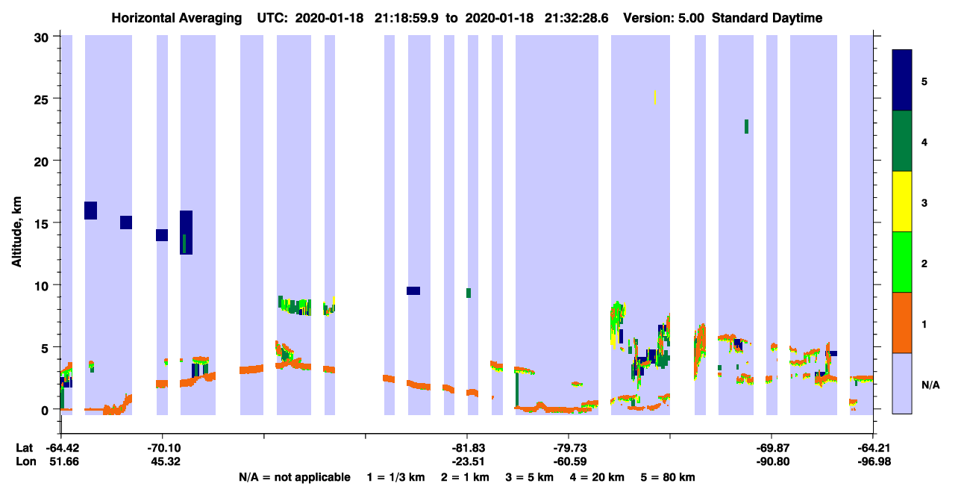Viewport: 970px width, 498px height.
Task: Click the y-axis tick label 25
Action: click(x=41, y=99)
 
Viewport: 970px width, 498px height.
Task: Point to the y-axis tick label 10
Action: click(x=41, y=286)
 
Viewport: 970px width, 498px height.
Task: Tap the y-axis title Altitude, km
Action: click(x=16, y=231)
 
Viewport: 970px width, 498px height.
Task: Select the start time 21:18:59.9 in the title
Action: click(x=406, y=18)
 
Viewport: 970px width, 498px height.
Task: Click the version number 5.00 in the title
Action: click(x=691, y=18)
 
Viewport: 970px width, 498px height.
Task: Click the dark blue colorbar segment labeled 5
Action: click(x=902, y=80)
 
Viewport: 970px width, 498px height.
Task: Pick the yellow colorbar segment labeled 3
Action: click(x=902, y=202)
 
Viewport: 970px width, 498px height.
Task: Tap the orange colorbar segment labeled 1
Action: click(x=902, y=323)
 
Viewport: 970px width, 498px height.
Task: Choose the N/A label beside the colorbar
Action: click(x=930, y=385)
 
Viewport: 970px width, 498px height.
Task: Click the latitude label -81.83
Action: click(x=469, y=448)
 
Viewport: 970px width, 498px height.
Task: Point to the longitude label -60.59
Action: click(x=570, y=461)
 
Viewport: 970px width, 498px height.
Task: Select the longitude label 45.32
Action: click(x=166, y=461)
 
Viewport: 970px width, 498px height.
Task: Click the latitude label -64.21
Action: click(x=874, y=448)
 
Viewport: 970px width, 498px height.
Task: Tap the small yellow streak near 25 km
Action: click(x=655, y=98)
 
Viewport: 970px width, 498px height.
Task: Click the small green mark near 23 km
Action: click(x=747, y=127)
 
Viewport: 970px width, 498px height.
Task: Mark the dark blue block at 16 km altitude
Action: click(x=90, y=211)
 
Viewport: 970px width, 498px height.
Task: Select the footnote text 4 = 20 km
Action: click(x=597, y=478)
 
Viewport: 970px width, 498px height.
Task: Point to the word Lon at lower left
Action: click(x=26, y=461)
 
